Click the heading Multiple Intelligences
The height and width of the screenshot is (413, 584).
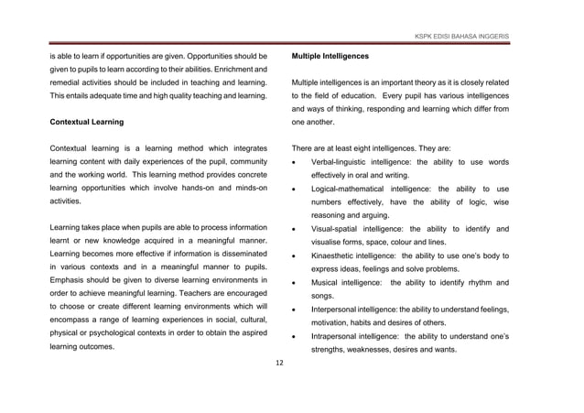[x=335, y=56]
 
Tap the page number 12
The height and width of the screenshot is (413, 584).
[x=281, y=364]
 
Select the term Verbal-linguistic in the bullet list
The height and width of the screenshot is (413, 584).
[x=343, y=162]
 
